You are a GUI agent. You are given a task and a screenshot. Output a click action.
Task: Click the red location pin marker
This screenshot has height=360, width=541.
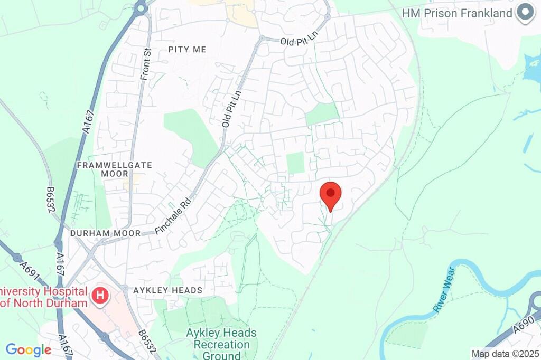click(x=331, y=194)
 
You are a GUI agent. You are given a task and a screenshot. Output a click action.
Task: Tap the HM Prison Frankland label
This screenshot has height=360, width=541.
click(x=457, y=13)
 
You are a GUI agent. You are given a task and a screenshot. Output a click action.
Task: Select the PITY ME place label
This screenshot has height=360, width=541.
click(x=187, y=49)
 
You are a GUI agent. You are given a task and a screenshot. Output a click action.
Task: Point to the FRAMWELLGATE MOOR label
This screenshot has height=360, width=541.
click(x=115, y=169)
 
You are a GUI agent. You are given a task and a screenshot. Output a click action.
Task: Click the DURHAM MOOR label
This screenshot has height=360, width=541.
click(x=106, y=233)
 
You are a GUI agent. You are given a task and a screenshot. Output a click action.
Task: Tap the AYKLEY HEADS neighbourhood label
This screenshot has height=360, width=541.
click(x=168, y=290)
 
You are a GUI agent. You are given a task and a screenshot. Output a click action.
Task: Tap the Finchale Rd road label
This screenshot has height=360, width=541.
click(x=172, y=216)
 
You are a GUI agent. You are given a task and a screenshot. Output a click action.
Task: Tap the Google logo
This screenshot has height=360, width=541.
click(x=28, y=349)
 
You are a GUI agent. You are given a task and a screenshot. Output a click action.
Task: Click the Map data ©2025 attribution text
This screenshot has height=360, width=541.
click(x=505, y=354)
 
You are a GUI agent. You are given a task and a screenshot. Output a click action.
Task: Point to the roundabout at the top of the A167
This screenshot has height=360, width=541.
click(x=140, y=8)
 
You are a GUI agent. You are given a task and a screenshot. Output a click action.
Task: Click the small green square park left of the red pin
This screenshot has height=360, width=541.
click(x=296, y=163)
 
